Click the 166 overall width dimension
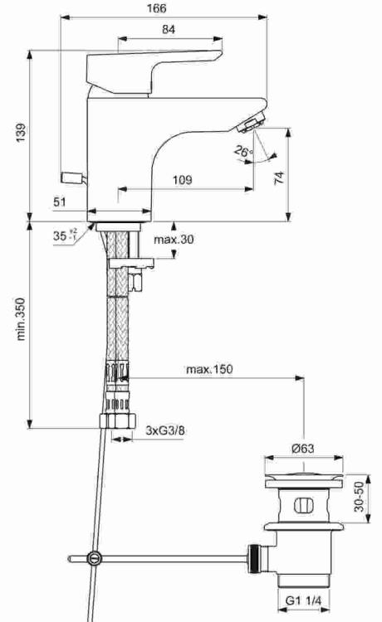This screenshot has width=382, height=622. pos(157,8)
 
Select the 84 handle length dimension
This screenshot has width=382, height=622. pos(169,29)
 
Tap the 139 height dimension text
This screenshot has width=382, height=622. pos(21,133)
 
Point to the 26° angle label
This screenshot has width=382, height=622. pos(243,151)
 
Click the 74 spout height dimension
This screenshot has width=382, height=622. pos(280,177)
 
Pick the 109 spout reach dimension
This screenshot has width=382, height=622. pos(182,180)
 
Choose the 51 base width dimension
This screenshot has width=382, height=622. pos(60,202)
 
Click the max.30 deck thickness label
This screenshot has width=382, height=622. pos(174,239)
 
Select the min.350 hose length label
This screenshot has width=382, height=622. pos(21,319)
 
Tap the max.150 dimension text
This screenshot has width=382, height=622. pos(209,369)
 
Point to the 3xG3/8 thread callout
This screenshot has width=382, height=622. pos(165,430)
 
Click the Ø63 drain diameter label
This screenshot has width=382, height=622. pos(302,448)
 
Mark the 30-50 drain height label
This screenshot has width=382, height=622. pos(359,496)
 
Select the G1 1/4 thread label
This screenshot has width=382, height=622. pos(303,601)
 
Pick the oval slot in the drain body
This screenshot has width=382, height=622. pos(304,506)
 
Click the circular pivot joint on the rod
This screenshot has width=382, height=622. pos(95,558)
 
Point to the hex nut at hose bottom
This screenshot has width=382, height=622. pos(118,420)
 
